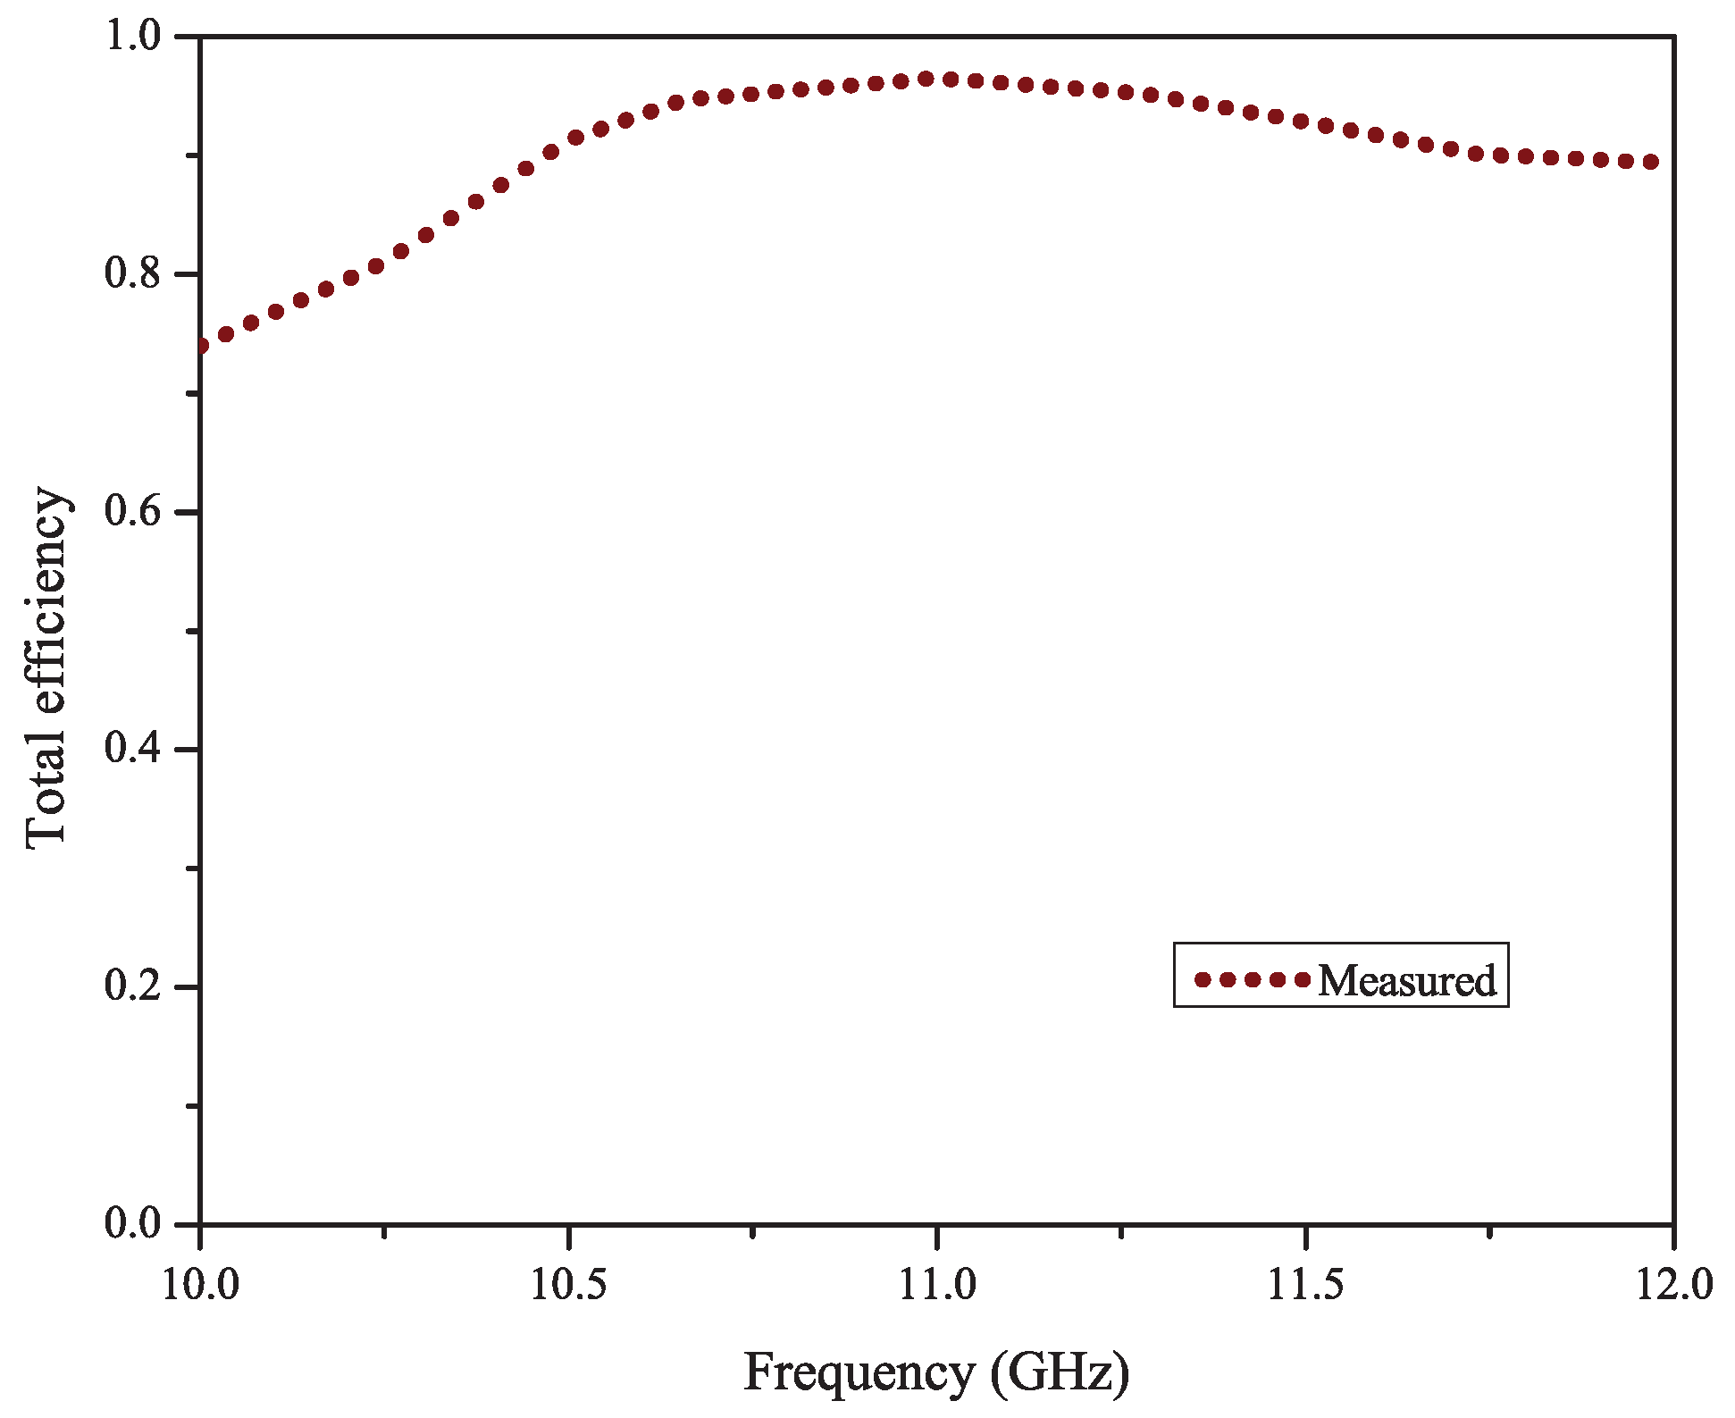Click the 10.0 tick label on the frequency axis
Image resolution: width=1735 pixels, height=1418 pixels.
click(199, 1285)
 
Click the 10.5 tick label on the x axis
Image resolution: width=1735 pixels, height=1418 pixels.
click(568, 1285)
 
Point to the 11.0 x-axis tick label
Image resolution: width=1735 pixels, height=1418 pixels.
click(936, 1285)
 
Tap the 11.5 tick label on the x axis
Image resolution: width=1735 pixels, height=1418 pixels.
click(1305, 1285)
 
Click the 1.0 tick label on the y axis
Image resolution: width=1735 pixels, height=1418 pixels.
click(133, 37)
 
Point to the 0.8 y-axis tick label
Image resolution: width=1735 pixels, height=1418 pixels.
click(133, 273)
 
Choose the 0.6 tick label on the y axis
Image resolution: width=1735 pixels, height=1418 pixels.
click(133, 511)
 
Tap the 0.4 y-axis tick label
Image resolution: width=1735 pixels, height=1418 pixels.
click(133, 749)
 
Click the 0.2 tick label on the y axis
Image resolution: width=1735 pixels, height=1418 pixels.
click(133, 986)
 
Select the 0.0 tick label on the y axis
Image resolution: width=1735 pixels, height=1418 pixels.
click(133, 1223)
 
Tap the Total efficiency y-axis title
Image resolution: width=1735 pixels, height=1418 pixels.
click(46, 667)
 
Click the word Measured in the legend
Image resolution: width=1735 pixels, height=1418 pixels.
click(1406, 980)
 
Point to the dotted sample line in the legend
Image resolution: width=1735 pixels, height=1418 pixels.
click(1252, 979)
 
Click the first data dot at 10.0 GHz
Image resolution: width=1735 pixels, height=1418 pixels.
click(201, 346)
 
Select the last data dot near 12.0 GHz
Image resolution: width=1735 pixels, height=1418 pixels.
click(1651, 162)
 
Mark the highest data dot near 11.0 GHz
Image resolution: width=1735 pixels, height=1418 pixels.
click(926, 79)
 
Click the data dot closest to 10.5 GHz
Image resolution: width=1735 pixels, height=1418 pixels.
click(575, 138)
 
